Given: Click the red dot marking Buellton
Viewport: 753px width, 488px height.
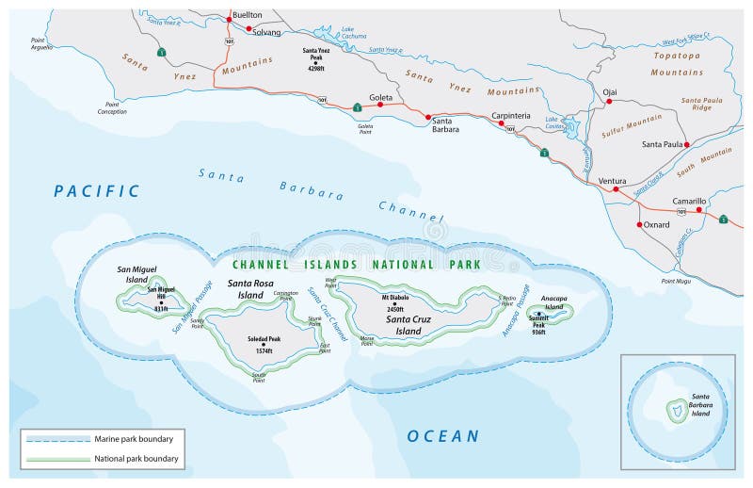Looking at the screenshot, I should pyautogui.click(x=228, y=19).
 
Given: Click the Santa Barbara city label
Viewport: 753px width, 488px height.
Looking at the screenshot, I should pyautogui.click(x=445, y=124).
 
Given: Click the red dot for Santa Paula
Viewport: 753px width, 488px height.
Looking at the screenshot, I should pyautogui.click(x=688, y=144).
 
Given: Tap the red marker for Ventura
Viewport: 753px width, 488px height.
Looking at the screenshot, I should pyautogui.click(x=617, y=189).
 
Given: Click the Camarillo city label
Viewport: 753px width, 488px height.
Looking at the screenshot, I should pyautogui.click(x=688, y=202).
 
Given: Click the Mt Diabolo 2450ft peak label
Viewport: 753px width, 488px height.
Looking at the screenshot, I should pyautogui.click(x=395, y=302).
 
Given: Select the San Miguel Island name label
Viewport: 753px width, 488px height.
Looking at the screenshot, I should pyautogui.click(x=136, y=274).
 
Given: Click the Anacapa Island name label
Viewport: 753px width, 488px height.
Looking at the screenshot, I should pyautogui.click(x=553, y=302).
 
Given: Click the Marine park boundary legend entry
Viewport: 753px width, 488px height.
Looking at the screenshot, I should pyautogui.click(x=132, y=439).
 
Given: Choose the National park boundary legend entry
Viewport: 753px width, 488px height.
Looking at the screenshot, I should pyautogui.click(x=136, y=459).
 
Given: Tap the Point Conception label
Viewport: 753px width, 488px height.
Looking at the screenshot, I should pyautogui.click(x=111, y=107).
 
